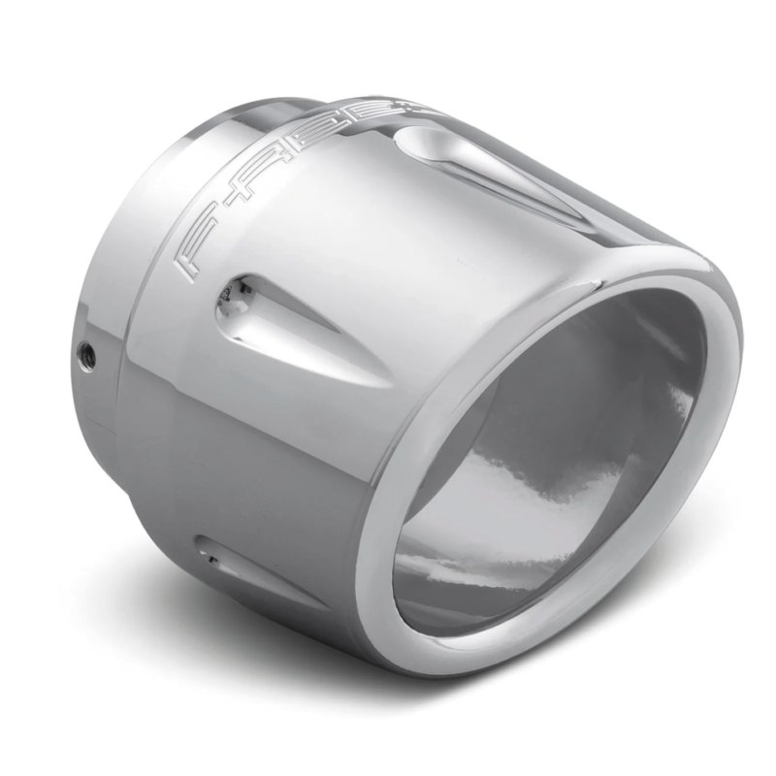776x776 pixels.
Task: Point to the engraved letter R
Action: [x=284, y=158]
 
